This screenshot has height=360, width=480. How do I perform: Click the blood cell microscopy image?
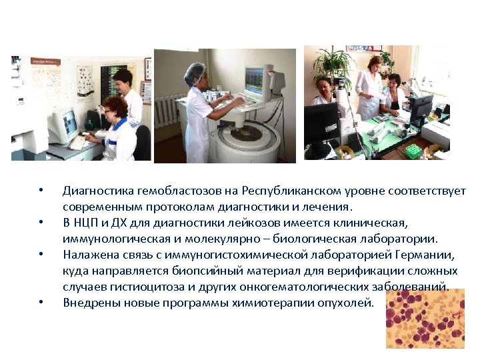[x=425, y=318]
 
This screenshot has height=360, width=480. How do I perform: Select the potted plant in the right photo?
[x=333, y=64]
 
